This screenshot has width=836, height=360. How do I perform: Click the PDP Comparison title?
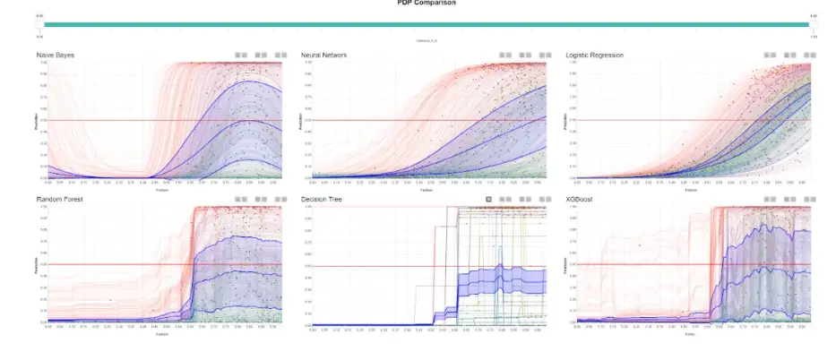[427, 3]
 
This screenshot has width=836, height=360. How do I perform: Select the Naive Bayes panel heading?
[56, 56]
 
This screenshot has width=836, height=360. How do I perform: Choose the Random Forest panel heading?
[60, 199]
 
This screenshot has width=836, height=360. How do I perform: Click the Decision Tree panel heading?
[326, 199]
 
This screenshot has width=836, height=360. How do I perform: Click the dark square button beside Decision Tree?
[487, 199]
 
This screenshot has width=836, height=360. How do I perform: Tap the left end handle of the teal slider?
[40, 24]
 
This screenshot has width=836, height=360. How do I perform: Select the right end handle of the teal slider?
[813, 24]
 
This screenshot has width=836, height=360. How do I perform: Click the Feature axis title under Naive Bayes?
[161, 190]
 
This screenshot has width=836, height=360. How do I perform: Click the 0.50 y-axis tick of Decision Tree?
[307, 266]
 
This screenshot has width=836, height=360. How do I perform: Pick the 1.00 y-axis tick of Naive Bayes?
[42, 63]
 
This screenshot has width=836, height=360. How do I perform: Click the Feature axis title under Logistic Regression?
[690, 190]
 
